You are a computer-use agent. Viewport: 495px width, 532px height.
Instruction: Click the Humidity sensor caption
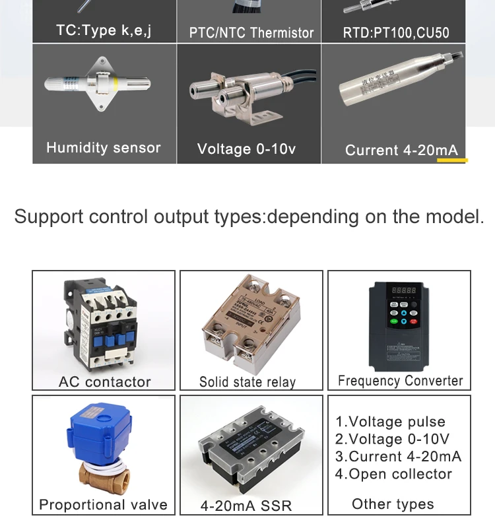pyautogui.click(x=104, y=148)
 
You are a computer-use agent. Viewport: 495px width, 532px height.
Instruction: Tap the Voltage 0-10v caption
pyautogui.click(x=246, y=149)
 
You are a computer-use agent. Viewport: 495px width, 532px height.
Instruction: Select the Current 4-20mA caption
pyautogui.click(x=401, y=150)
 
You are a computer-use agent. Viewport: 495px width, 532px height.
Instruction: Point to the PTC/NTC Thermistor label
pyautogui.click(x=251, y=32)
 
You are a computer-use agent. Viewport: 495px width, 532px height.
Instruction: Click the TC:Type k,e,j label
pyautogui.click(x=104, y=30)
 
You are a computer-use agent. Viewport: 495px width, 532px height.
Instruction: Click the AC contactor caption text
pyautogui.click(x=104, y=382)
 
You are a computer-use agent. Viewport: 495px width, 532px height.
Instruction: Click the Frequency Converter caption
pyautogui.click(x=400, y=381)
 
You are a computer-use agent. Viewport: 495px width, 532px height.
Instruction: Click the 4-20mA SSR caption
pyautogui.click(x=246, y=506)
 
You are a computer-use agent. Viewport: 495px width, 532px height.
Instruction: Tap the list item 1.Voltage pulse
pyautogui.click(x=390, y=422)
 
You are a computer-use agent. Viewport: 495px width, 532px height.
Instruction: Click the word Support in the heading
pyautogui.click(x=49, y=216)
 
